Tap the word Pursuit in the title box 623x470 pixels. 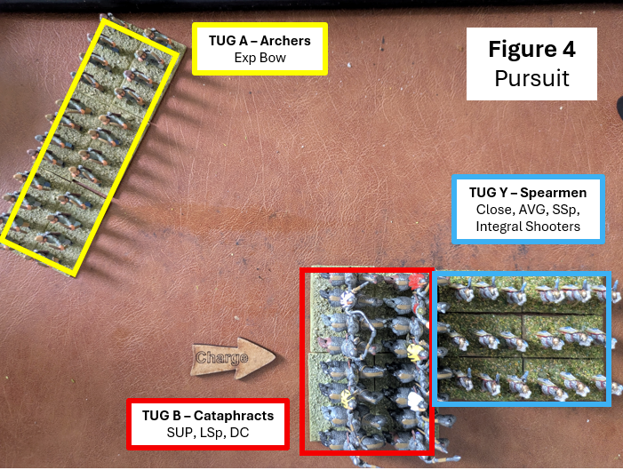point(531,78)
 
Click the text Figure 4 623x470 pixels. point(531,49)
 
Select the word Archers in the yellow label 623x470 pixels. point(285,41)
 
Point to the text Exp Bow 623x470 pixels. point(260,58)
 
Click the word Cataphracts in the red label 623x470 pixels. point(234,416)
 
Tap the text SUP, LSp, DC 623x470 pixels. point(208,433)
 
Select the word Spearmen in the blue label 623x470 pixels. point(553,193)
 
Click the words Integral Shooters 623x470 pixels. point(528,227)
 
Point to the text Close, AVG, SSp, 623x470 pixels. point(528,210)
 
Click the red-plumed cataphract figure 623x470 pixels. point(417,283)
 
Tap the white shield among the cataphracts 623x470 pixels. point(416,402)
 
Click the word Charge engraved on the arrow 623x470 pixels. point(222,357)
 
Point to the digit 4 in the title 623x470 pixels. point(568,49)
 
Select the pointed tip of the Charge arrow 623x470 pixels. point(275,356)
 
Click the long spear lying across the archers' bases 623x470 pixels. point(90,188)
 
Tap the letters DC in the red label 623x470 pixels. point(240,433)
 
